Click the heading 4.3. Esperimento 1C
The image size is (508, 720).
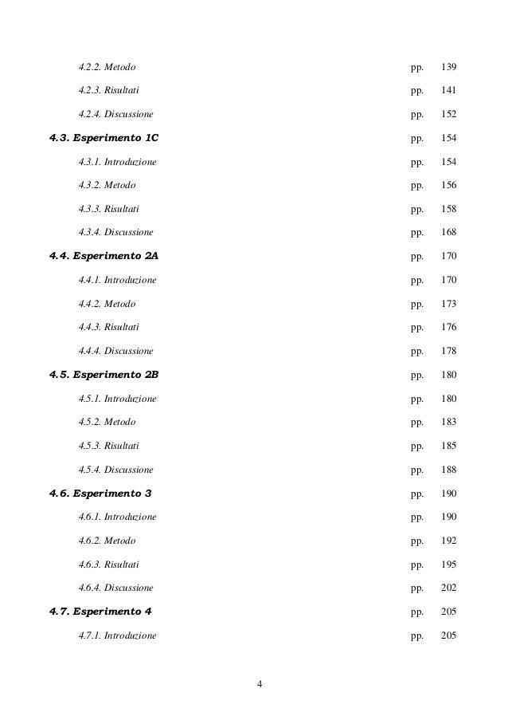pos(104,138)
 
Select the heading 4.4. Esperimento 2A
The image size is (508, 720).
pos(104,256)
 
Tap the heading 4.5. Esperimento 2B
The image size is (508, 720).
pos(104,374)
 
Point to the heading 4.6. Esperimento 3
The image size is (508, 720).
pos(100,493)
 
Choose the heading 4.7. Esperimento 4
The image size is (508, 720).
pos(100,612)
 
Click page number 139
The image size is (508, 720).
pos(448,67)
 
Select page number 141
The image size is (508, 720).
pos(448,90)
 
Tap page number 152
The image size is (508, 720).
pos(448,114)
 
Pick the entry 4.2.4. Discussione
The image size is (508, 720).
pos(116,114)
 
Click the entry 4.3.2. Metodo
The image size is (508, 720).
pos(107,185)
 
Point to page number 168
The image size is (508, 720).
pos(448,232)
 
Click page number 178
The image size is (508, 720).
pos(448,351)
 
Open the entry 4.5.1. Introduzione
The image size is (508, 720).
pos(118,398)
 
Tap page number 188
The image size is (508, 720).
pos(448,470)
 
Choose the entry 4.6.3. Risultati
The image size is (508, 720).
pos(109,565)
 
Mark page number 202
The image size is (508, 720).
pos(448,588)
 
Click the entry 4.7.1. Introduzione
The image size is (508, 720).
pos(118,635)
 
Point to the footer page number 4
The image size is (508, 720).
pos(260,684)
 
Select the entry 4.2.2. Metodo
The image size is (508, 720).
pos(107,67)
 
